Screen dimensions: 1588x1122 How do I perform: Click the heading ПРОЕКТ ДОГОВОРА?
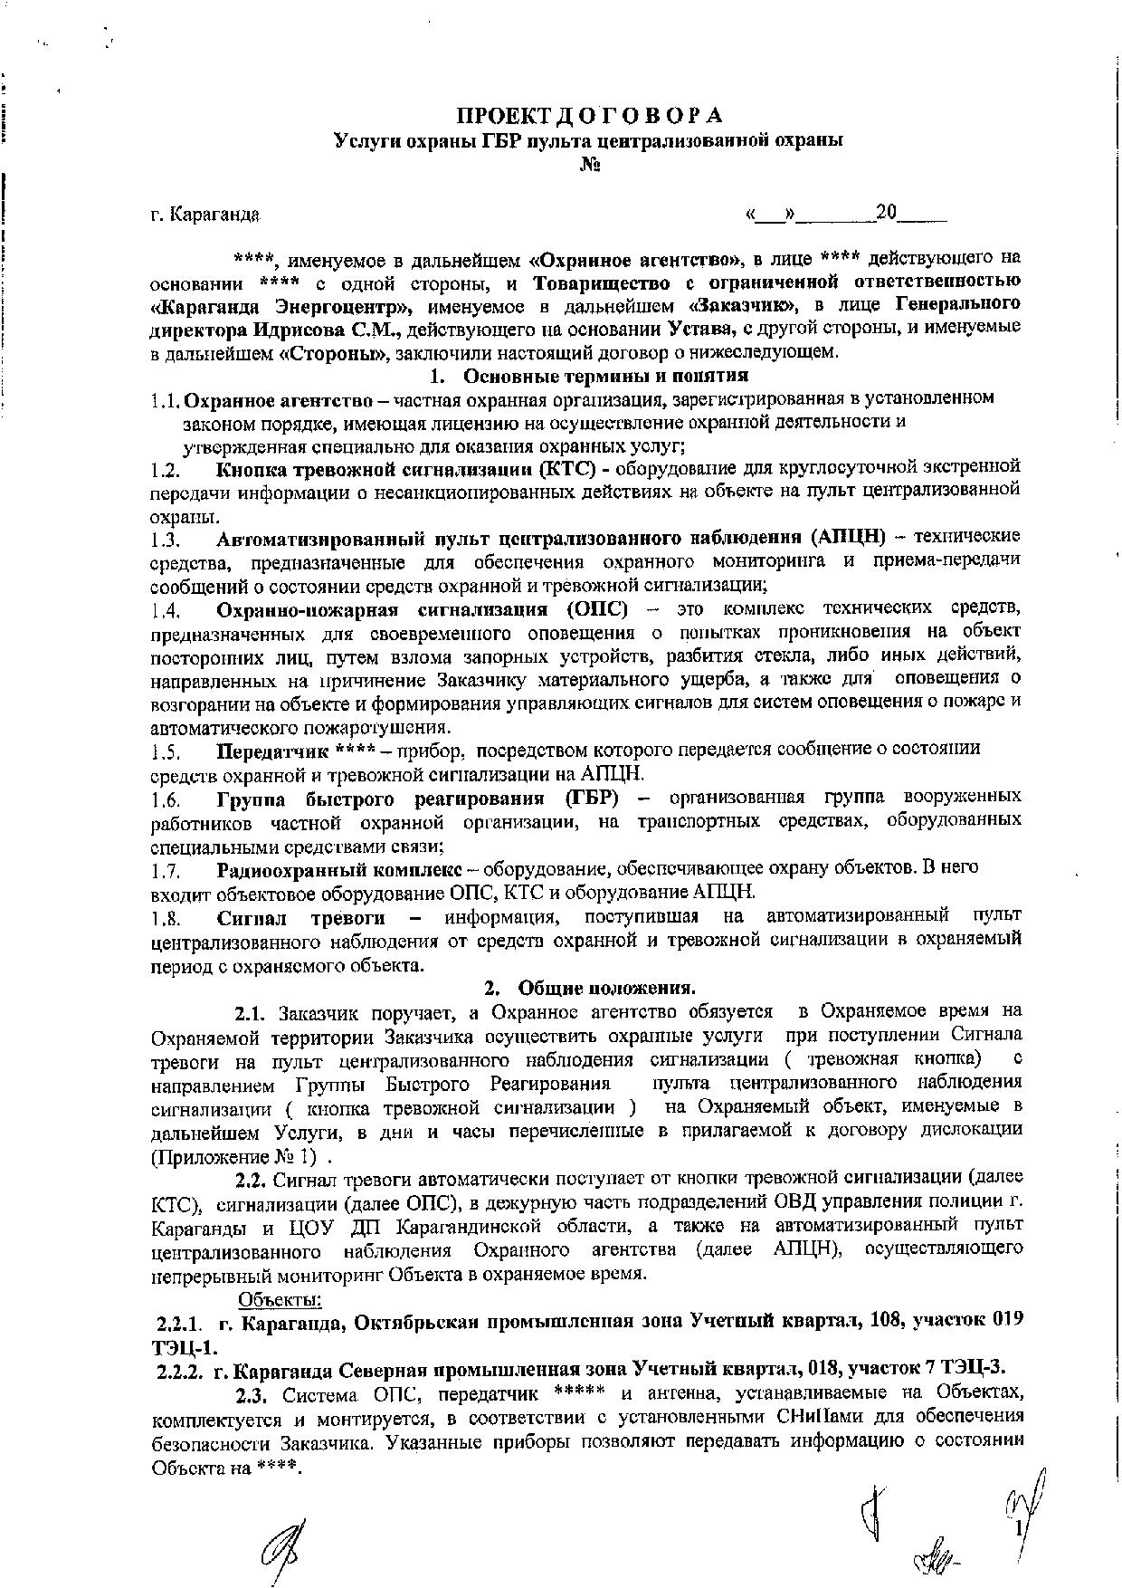pos(588,116)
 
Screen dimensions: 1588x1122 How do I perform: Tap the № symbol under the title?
pos(590,166)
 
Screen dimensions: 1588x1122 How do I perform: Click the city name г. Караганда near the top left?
pos(205,215)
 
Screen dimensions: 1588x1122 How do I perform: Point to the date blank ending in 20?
pos(846,215)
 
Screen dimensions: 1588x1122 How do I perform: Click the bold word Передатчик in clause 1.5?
pos(272,751)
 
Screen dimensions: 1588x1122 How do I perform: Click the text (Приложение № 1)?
pos(235,1156)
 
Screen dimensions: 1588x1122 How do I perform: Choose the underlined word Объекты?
pos(280,1299)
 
